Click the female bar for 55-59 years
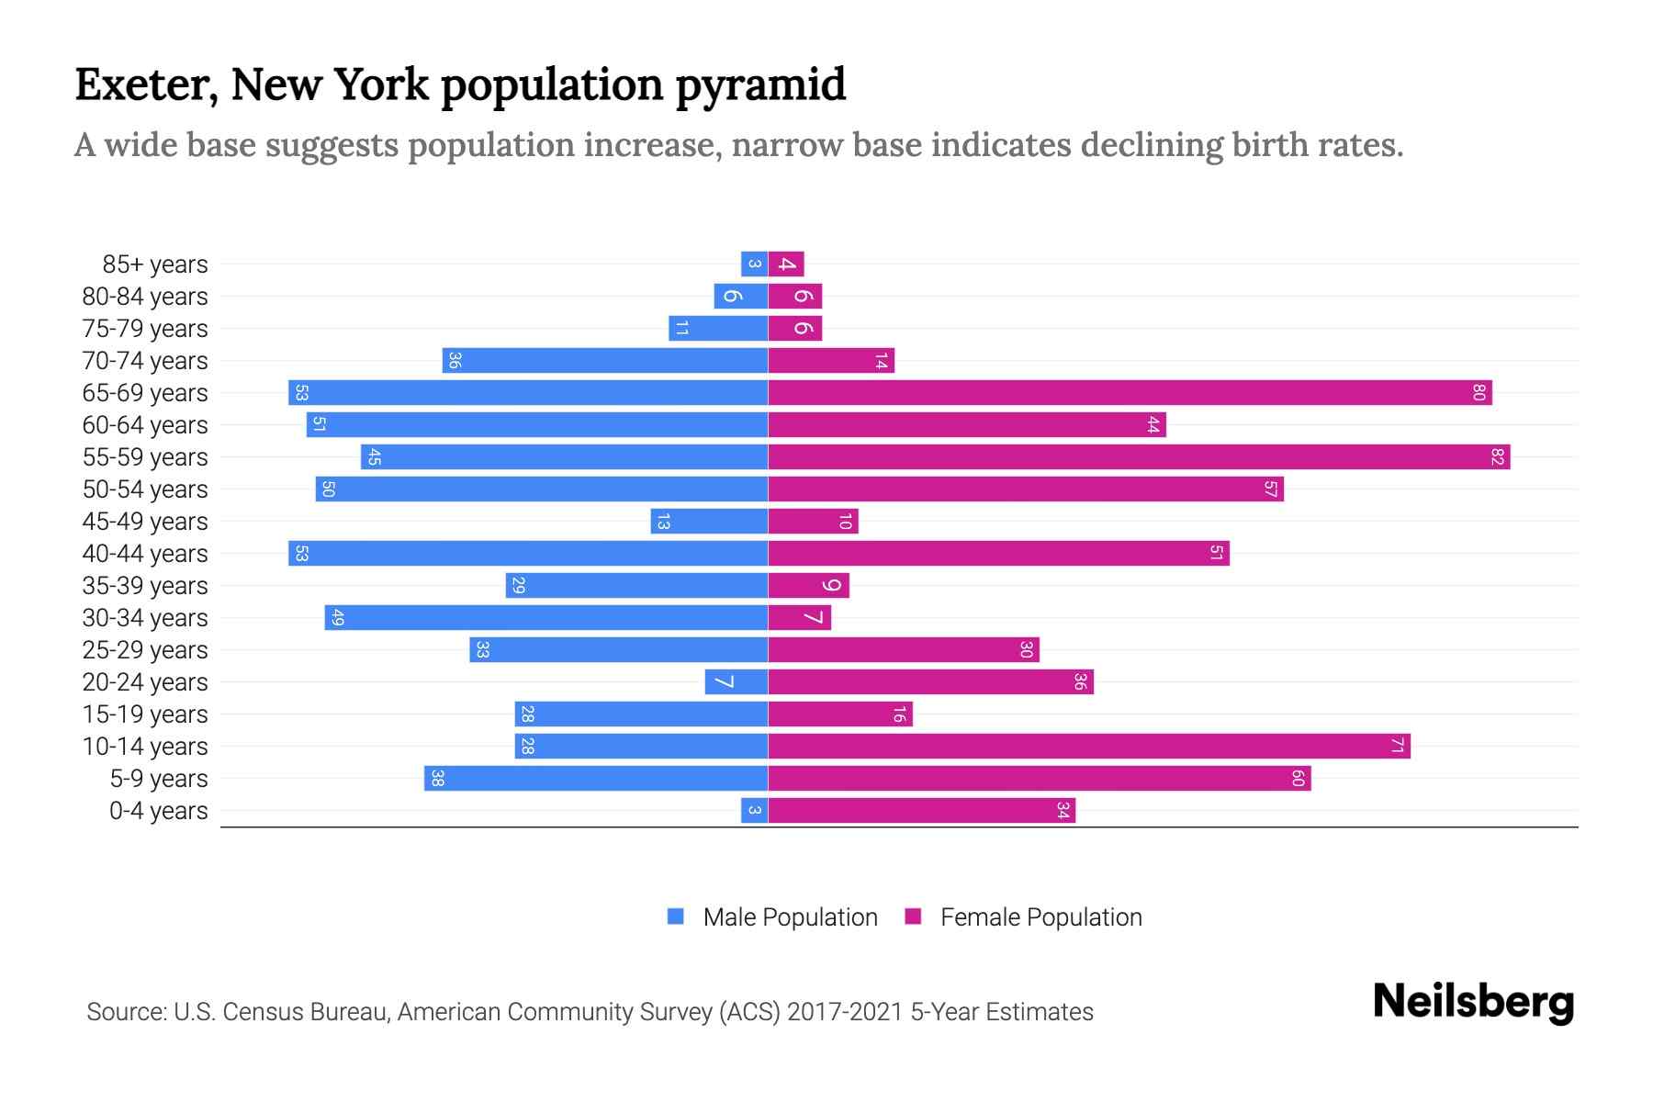coord(1139,456)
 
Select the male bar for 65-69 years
coord(528,392)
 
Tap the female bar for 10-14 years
coord(1088,746)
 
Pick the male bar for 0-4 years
coord(754,810)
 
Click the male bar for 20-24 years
coord(737,681)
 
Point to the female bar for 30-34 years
coord(799,617)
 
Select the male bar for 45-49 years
coord(709,521)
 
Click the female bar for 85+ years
coord(786,264)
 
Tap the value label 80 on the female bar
coord(1479,392)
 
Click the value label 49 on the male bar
coord(337,618)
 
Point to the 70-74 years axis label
coord(145,361)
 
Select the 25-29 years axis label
coord(145,650)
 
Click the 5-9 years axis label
coord(158,779)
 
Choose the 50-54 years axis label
coord(145,489)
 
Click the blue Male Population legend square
coord(676,916)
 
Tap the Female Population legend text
coord(1040,916)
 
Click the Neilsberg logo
coord(1473,1002)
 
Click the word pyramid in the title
coord(760,85)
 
